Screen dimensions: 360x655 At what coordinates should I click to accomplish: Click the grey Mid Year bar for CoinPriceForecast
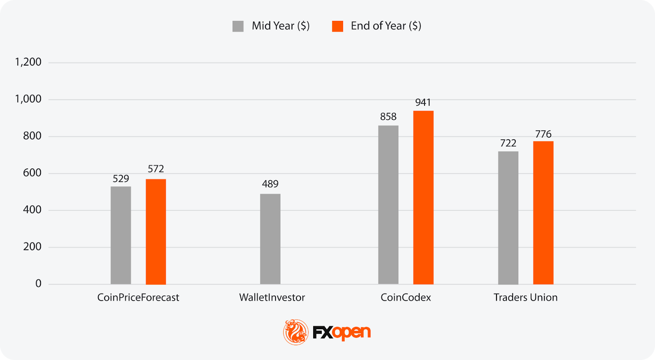pyautogui.click(x=121, y=235)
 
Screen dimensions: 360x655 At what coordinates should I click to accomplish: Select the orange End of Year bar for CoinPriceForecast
pyautogui.click(x=156, y=232)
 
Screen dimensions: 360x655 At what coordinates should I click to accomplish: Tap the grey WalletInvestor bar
pyautogui.click(x=270, y=239)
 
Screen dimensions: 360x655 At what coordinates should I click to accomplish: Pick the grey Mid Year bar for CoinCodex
pyautogui.click(x=388, y=205)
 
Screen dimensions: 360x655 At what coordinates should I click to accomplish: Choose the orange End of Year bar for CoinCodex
pyautogui.click(x=423, y=197)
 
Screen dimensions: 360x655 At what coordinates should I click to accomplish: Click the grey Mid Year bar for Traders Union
pyautogui.click(x=508, y=218)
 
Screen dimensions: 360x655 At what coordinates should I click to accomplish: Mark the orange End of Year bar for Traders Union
pyautogui.click(x=543, y=213)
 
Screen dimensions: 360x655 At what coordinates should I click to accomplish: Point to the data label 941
pyautogui.click(x=423, y=102)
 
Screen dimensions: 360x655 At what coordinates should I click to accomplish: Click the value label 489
pyautogui.click(x=270, y=184)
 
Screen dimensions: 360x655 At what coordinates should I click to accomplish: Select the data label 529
pyautogui.click(x=121, y=179)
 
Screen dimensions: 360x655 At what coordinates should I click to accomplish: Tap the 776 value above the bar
pyautogui.click(x=543, y=134)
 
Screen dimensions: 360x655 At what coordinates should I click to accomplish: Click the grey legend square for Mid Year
pyautogui.click(x=238, y=26)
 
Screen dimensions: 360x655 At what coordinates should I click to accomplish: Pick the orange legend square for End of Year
pyautogui.click(x=337, y=26)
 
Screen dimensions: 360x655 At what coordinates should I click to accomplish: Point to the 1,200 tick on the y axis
pyautogui.click(x=28, y=62)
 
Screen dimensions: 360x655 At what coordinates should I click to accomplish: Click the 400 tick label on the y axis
pyautogui.click(x=32, y=210)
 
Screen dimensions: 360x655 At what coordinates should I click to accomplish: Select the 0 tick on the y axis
pyautogui.click(x=38, y=283)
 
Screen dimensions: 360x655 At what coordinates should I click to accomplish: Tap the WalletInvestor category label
pyautogui.click(x=272, y=297)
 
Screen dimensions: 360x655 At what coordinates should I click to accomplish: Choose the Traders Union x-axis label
pyautogui.click(x=525, y=297)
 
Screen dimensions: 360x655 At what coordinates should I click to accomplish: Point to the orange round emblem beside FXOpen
pyautogui.click(x=296, y=332)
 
